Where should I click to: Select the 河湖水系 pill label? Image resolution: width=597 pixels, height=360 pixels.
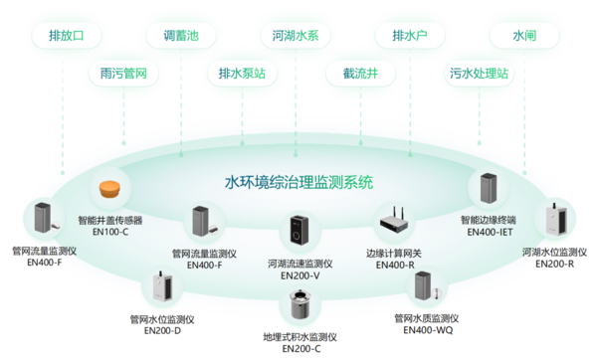click(296, 37)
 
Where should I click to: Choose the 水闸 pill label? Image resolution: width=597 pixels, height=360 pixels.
click(523, 37)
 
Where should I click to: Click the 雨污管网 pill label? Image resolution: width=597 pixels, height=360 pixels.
click(123, 74)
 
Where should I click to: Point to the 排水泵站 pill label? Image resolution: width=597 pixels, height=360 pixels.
click(243, 74)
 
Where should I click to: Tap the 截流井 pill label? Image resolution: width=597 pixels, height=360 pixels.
click(354, 74)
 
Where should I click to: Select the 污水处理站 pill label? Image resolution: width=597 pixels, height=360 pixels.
click(478, 74)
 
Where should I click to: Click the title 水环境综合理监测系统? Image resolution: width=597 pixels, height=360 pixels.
click(298, 182)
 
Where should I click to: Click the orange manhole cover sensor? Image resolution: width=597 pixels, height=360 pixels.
click(109, 190)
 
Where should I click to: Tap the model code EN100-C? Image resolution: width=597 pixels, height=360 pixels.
click(109, 231)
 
